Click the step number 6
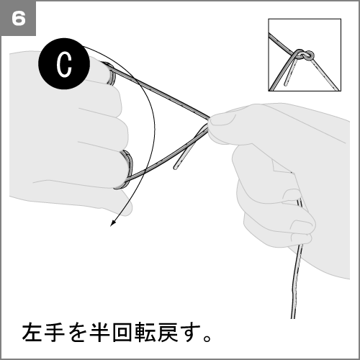tap(19, 19)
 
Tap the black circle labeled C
tap(64, 64)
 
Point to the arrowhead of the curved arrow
tap(113, 222)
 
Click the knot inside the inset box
tap(304, 55)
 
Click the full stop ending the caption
tap(207, 338)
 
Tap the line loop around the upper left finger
tap(110, 73)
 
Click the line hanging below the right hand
tap(296, 276)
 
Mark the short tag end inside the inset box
tap(290, 73)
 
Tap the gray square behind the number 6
tap(18, 18)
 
